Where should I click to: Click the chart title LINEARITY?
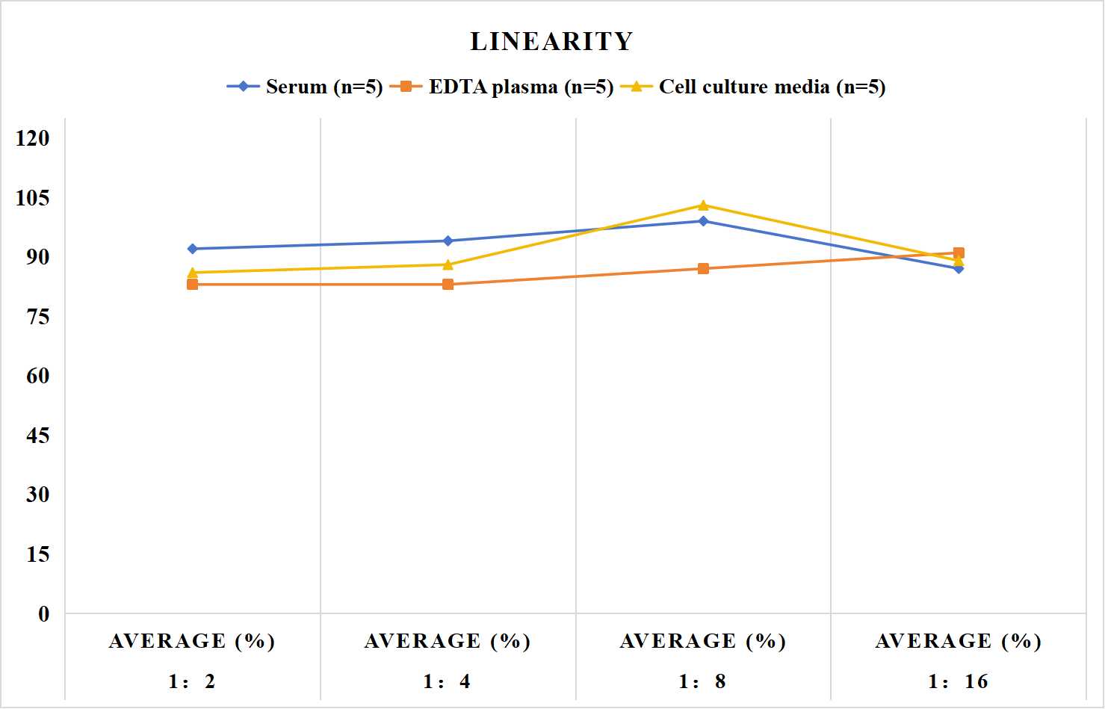(x=551, y=41)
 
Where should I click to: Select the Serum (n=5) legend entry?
(x=304, y=87)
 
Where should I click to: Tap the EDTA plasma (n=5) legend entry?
(x=501, y=87)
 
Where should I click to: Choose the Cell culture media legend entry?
(x=752, y=87)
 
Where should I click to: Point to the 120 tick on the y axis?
(x=33, y=138)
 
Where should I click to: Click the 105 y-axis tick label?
(x=33, y=198)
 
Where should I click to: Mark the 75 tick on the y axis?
(x=38, y=317)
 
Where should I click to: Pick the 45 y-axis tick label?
(x=38, y=436)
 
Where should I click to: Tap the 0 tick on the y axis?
(x=44, y=614)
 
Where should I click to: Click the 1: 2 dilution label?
(x=192, y=681)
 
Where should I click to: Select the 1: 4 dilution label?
(x=447, y=681)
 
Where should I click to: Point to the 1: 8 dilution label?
(x=702, y=681)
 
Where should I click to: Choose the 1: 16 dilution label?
(x=958, y=681)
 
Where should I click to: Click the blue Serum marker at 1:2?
(x=193, y=249)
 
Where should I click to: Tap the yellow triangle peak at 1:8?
(x=704, y=205)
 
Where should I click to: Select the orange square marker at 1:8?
(x=704, y=268)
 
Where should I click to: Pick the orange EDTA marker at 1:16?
(x=959, y=253)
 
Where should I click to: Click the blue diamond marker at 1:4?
(x=448, y=241)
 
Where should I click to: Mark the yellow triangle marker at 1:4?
(x=448, y=264)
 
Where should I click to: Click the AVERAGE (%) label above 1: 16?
(x=959, y=641)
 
